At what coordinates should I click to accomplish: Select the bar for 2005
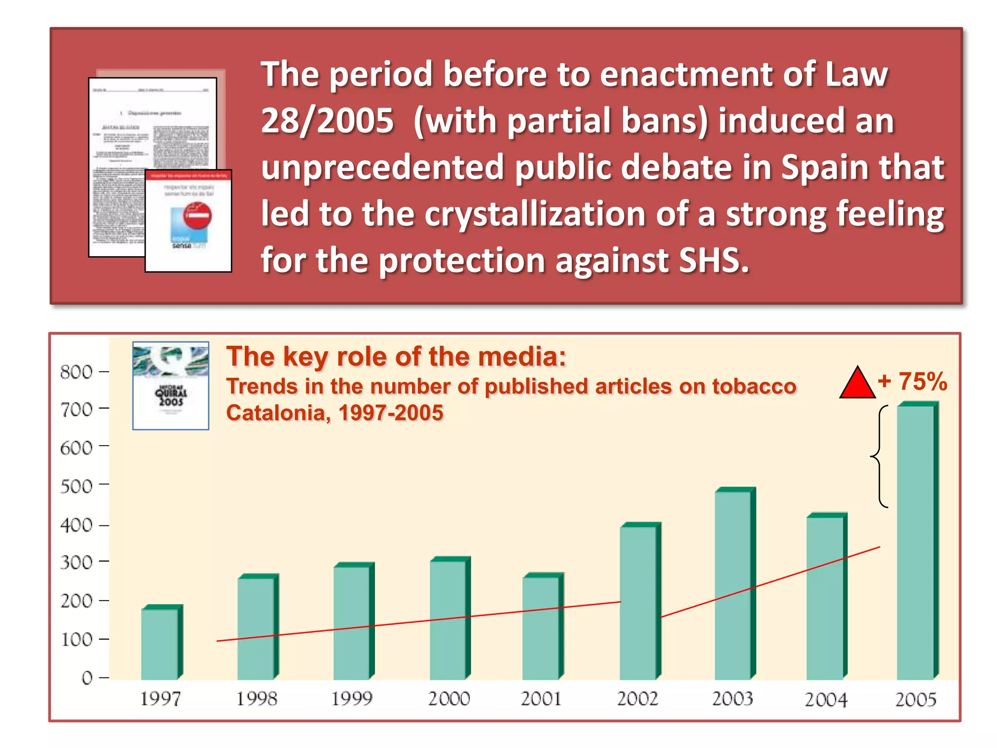(x=915, y=541)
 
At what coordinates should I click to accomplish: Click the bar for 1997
(x=160, y=643)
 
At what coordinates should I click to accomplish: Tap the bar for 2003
(x=733, y=584)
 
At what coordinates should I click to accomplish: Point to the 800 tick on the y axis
(x=104, y=372)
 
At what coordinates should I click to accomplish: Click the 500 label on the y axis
(x=76, y=486)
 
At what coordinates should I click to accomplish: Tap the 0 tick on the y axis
(x=104, y=677)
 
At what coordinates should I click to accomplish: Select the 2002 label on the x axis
(x=637, y=699)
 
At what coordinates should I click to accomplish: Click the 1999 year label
(x=351, y=699)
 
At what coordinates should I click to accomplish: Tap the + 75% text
(x=913, y=381)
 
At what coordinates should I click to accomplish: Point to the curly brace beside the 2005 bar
(x=879, y=457)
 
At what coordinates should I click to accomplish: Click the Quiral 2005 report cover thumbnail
(x=171, y=385)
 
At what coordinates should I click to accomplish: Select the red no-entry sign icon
(x=197, y=215)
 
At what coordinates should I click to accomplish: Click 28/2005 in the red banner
(x=327, y=121)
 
